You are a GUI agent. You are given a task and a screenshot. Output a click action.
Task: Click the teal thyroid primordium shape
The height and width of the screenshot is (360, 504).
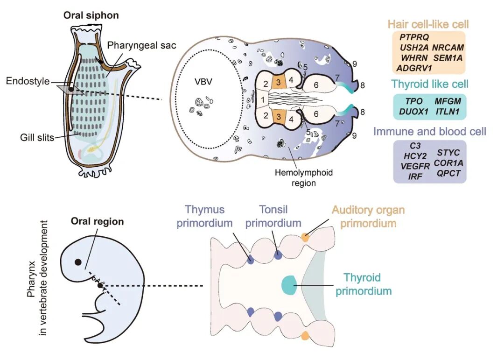289,285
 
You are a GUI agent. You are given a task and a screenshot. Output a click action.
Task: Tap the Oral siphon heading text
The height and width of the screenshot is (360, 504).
92,15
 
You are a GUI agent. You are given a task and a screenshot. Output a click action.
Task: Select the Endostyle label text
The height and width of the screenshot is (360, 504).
28,81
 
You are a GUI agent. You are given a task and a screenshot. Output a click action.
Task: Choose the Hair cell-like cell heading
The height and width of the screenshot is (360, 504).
428,24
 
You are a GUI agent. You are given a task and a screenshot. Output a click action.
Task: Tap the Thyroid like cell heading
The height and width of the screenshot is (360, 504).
430,84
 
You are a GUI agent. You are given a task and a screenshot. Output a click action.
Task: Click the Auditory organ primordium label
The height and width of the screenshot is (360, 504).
368,216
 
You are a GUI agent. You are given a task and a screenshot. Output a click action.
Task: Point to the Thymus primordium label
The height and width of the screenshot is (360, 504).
204,216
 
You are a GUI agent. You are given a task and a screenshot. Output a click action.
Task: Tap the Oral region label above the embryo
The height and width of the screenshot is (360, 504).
97,221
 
